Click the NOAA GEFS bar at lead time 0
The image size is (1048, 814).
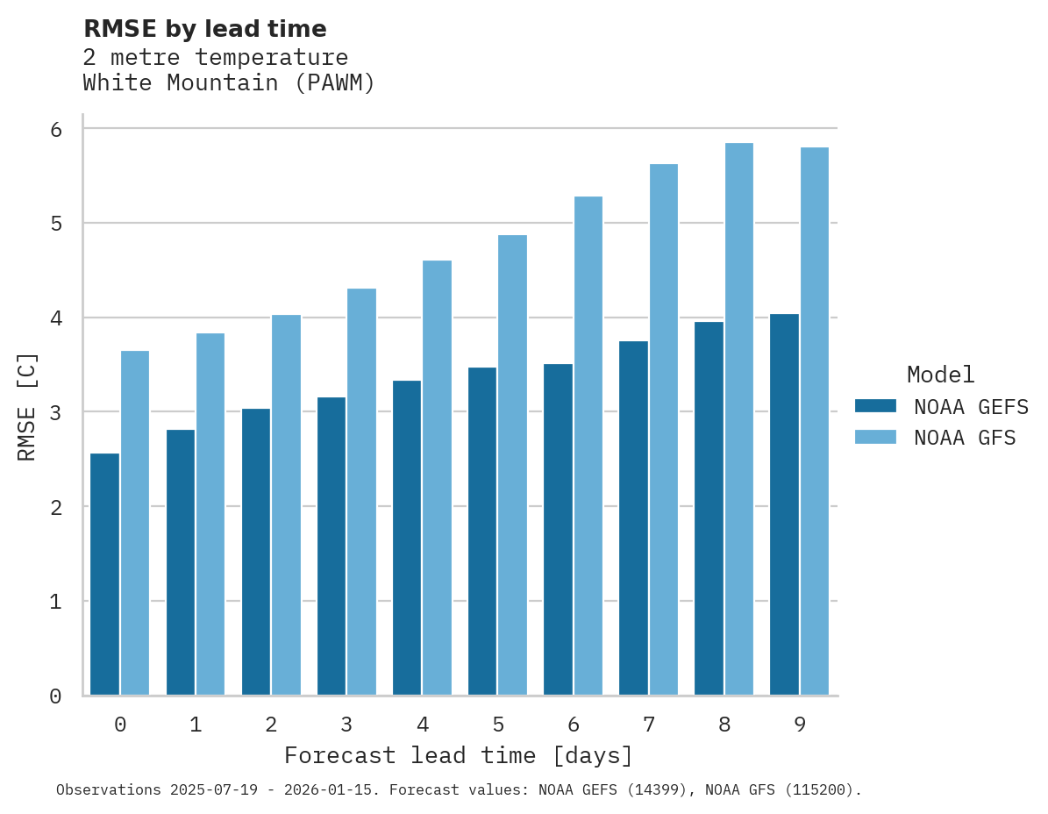[104, 574]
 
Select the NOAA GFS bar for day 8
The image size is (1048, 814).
[739, 419]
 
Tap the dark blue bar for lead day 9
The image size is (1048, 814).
[784, 504]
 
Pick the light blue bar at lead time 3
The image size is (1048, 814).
[362, 491]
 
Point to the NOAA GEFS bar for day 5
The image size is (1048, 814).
[482, 531]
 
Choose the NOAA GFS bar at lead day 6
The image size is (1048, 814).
[588, 446]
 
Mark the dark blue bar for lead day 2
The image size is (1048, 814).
[256, 552]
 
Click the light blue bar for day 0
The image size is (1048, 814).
[135, 523]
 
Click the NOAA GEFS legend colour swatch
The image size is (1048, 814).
[875, 406]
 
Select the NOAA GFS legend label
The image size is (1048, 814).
[965, 438]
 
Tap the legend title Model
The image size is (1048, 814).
[941, 375]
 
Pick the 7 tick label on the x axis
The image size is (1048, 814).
[649, 725]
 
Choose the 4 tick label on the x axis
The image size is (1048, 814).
[423, 725]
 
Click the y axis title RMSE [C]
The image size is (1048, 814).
[27, 406]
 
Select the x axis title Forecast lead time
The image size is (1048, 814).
[458, 755]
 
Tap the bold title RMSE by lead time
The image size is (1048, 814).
[205, 29]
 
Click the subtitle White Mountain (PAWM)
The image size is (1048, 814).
[229, 83]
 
